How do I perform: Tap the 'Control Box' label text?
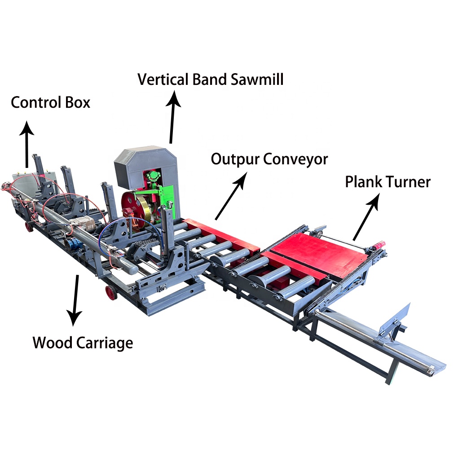(x=50, y=102)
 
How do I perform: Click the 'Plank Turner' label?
(x=388, y=182)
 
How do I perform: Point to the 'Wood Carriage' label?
(x=83, y=343)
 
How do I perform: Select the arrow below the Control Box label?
(x=27, y=144)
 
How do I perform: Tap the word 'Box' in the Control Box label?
(x=77, y=102)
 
